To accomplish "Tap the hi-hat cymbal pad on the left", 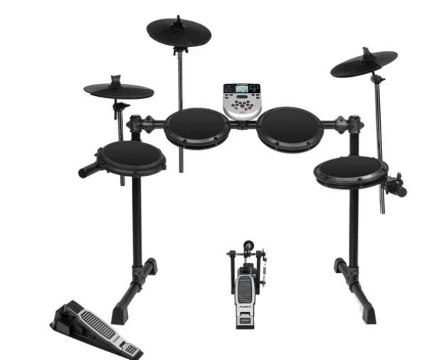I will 119,90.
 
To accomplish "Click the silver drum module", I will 242,100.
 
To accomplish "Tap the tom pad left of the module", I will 197,126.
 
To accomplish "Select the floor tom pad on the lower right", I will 351,171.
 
